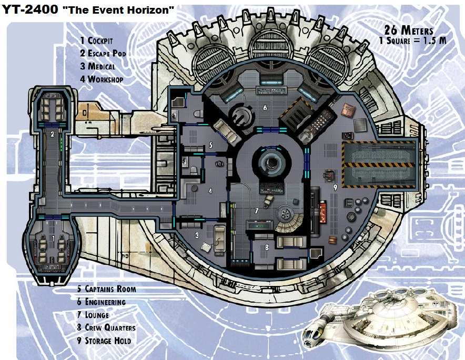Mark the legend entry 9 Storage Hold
coord(104,341)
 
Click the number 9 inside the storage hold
coord(335,187)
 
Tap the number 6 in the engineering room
coord(265,108)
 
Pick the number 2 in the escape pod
coord(52,135)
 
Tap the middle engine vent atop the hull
coord(273,55)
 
